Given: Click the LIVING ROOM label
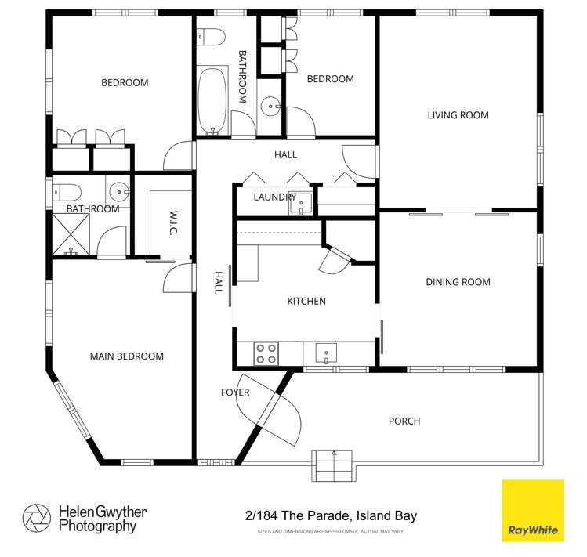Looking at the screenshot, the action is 458,115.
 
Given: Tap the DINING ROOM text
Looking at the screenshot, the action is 458,282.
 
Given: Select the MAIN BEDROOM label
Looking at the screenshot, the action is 127,356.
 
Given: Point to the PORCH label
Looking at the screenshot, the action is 404,421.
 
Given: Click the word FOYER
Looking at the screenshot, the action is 235,392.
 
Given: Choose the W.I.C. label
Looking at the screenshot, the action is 173,222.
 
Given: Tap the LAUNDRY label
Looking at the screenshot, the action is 275,197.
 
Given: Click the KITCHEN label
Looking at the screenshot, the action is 306,301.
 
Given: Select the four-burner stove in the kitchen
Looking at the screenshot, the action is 266,354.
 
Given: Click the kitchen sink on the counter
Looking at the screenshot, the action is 326,353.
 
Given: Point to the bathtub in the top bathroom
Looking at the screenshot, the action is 212,100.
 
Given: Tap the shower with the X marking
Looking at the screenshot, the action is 71,234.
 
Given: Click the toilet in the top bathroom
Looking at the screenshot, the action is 211,38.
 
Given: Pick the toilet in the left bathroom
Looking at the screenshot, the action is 67,193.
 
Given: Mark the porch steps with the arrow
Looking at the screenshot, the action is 332,465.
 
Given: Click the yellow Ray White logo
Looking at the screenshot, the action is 533,511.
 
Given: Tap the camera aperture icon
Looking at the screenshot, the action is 37,519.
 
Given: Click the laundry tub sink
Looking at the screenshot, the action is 301,203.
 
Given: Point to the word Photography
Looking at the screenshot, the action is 97,526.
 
